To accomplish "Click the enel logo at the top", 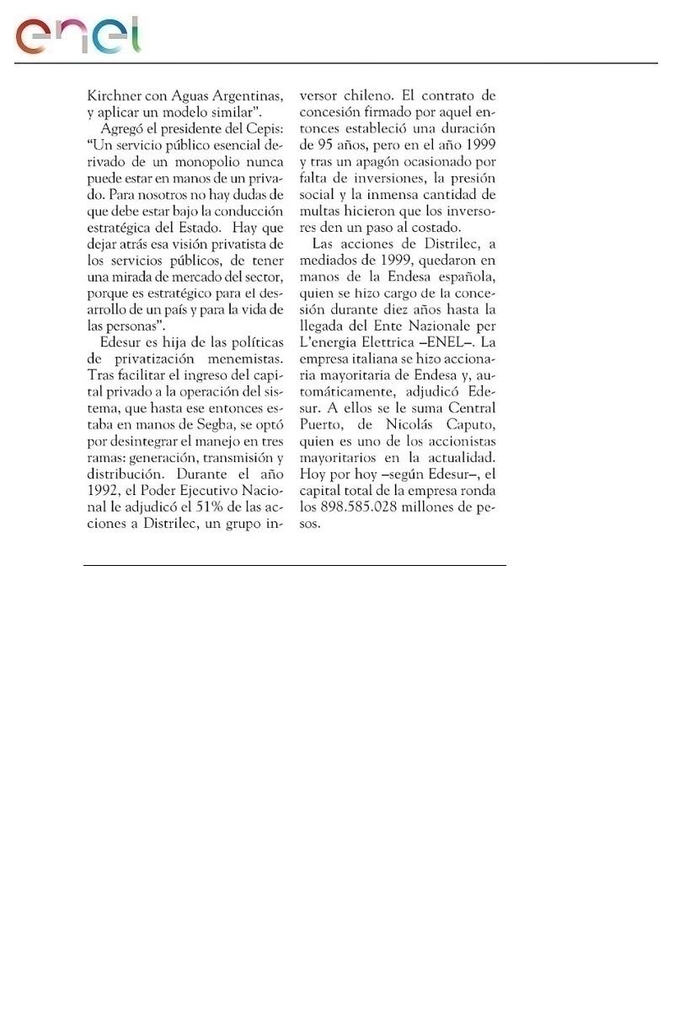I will pos(78,35).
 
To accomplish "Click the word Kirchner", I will pos(114,95).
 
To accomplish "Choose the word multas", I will pos(324,212).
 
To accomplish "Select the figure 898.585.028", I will pos(369,507).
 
